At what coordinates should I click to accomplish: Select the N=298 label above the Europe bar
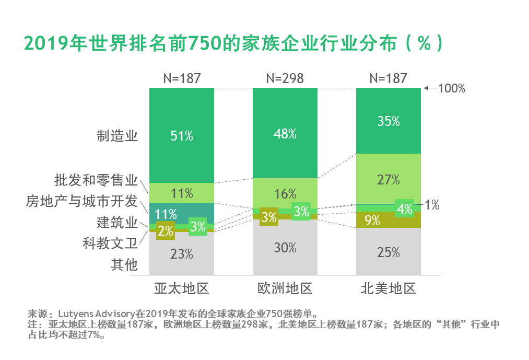(x=285, y=78)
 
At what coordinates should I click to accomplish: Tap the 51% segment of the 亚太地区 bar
(x=181, y=136)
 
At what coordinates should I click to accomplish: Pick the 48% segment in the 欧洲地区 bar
(x=285, y=134)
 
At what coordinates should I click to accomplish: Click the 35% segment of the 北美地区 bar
(x=388, y=121)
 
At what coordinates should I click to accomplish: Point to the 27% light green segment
(x=388, y=180)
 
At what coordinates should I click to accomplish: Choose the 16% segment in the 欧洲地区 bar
(x=285, y=194)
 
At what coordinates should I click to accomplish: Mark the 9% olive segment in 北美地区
(x=372, y=220)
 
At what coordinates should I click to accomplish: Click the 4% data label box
(x=405, y=208)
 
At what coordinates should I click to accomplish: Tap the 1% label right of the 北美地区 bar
(x=431, y=205)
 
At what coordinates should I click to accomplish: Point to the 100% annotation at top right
(x=451, y=88)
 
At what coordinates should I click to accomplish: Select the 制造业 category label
(x=117, y=136)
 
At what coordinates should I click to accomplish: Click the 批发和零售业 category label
(x=96, y=181)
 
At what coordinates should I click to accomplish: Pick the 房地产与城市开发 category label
(x=81, y=201)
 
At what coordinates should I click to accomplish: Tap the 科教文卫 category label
(x=110, y=243)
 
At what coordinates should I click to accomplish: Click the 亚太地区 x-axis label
(x=181, y=288)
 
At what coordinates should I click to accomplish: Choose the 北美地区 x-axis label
(x=388, y=288)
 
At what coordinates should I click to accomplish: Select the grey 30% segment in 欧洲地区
(x=285, y=248)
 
